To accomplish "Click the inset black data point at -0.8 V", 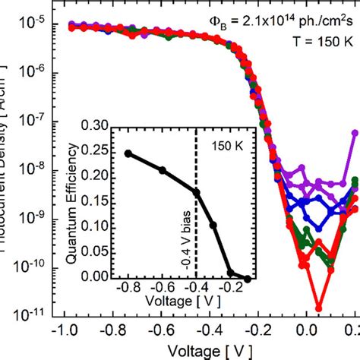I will point(128,153).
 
